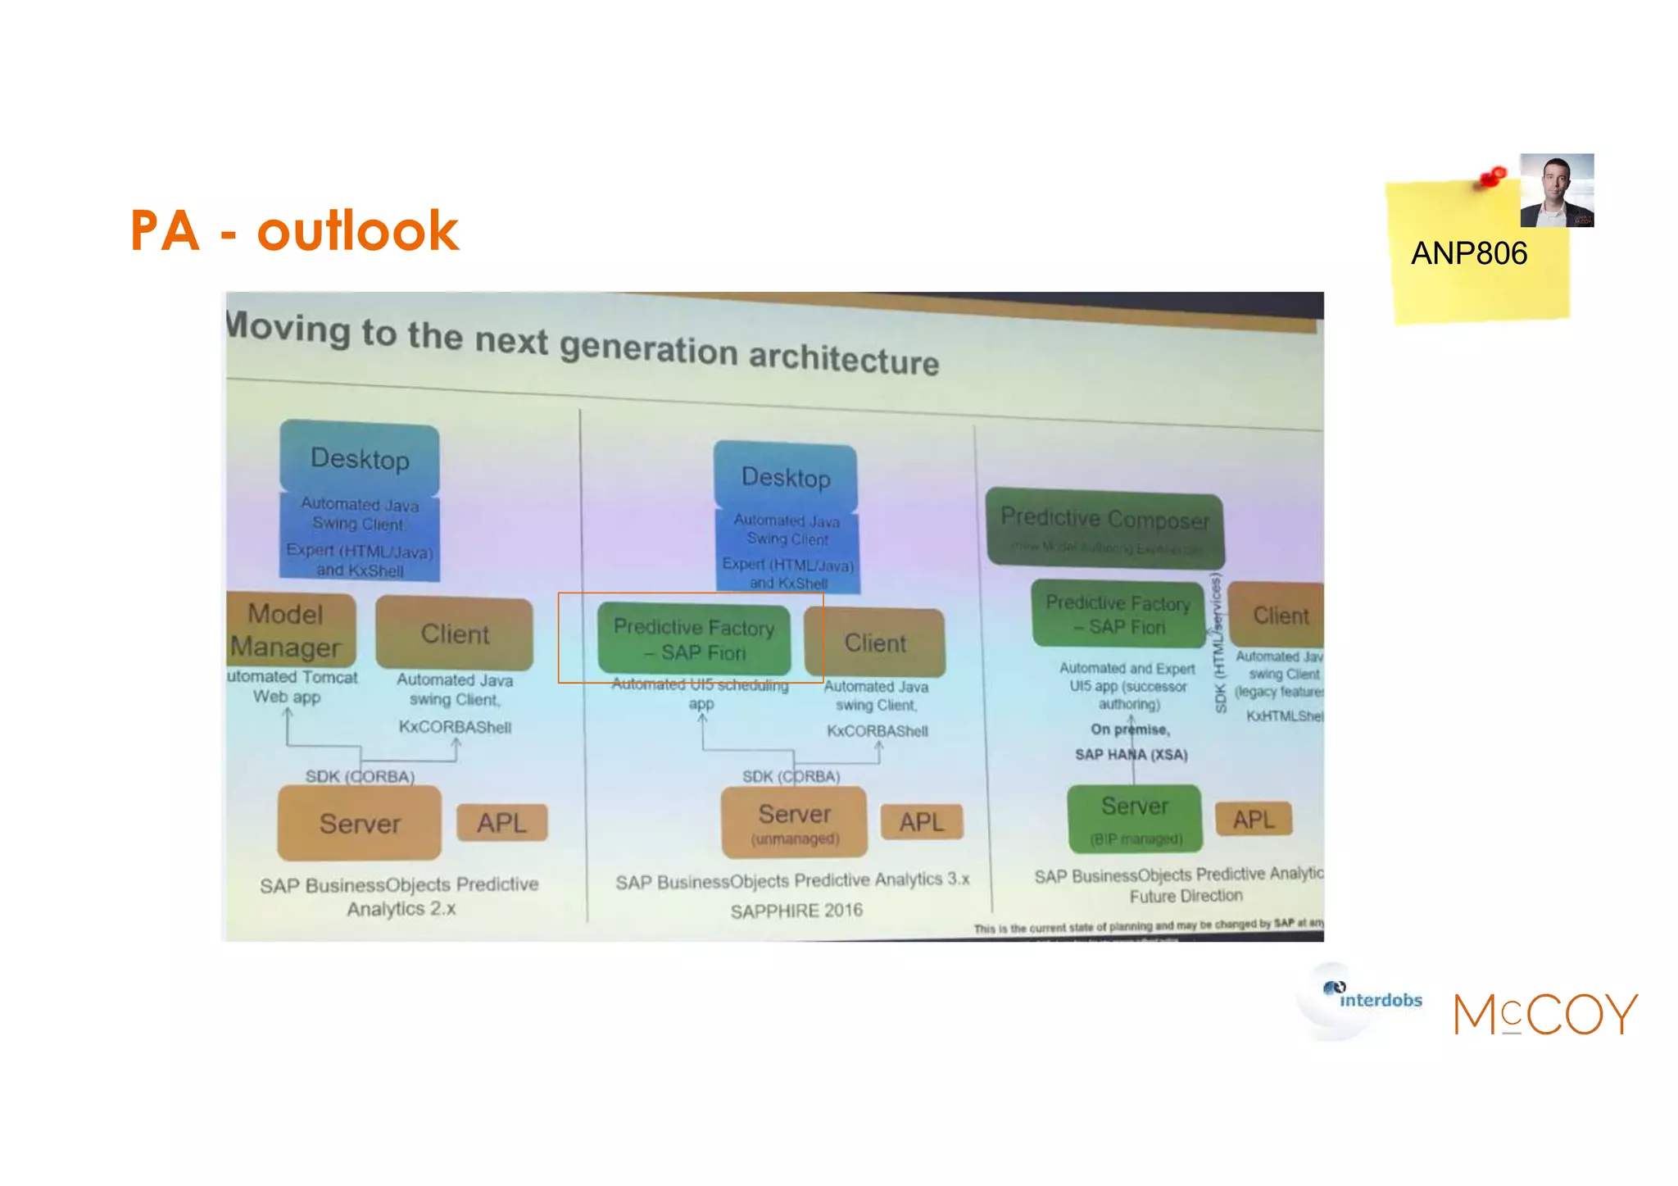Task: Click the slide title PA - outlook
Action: [294, 230]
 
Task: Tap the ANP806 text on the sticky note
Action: [1468, 253]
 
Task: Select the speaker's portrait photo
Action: [1556, 190]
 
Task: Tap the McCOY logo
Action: [1545, 1014]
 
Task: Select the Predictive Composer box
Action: [1104, 529]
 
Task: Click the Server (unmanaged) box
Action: [793, 822]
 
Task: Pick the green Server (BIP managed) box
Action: [1134, 818]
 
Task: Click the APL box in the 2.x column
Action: [501, 822]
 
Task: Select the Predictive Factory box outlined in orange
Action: [693, 639]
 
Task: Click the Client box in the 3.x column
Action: [875, 643]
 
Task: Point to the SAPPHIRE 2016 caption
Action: [796, 911]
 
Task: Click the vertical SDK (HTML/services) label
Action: [1218, 643]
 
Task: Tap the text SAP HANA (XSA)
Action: [1131, 754]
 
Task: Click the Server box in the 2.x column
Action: [360, 823]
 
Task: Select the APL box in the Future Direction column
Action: [1253, 819]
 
